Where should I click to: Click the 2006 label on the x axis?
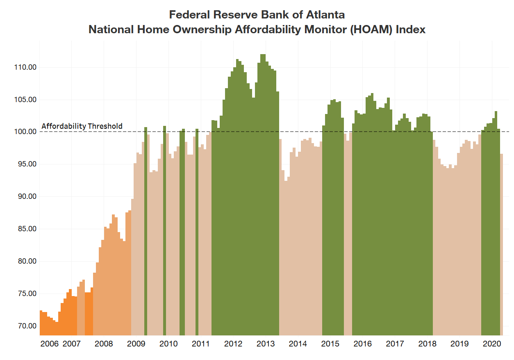50,344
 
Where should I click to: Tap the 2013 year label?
266,344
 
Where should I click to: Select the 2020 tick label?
491,344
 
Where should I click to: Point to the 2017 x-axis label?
395,344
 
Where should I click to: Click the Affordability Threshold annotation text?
82,126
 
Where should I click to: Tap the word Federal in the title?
189,15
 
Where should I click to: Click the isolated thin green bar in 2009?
146,230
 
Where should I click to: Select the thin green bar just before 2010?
164,230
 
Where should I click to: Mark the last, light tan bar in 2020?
501,246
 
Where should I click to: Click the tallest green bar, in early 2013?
263,193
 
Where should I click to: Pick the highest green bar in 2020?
496,221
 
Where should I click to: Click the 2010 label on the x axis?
168,344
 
